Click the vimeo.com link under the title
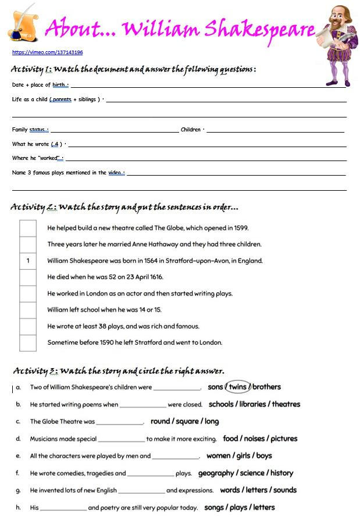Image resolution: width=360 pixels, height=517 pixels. (47, 52)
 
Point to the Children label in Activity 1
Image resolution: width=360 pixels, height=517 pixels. (191, 130)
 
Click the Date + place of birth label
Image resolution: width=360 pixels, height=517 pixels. (40, 85)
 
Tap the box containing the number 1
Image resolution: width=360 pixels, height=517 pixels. (28, 261)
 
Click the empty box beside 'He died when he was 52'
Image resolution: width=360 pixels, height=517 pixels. (28, 277)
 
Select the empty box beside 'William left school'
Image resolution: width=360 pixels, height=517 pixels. (28, 310)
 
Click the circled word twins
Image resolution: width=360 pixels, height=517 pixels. (238, 387)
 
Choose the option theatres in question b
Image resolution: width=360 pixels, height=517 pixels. (286, 404)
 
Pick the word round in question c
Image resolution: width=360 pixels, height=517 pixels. (161, 421)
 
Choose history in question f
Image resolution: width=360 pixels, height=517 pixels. (282, 473)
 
